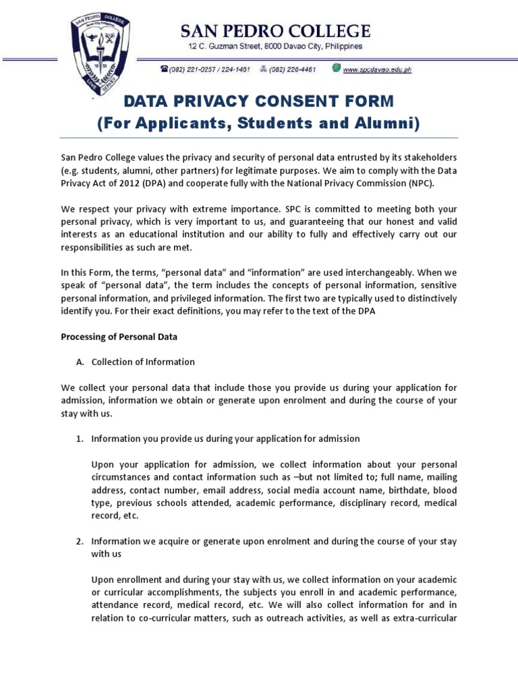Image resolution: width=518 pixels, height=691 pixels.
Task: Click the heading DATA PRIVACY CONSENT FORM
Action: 257,101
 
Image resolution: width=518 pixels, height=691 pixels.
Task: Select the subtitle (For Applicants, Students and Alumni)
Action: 258,123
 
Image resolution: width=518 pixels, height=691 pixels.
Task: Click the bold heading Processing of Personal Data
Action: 119,337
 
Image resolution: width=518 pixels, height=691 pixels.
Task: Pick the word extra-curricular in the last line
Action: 424,618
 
